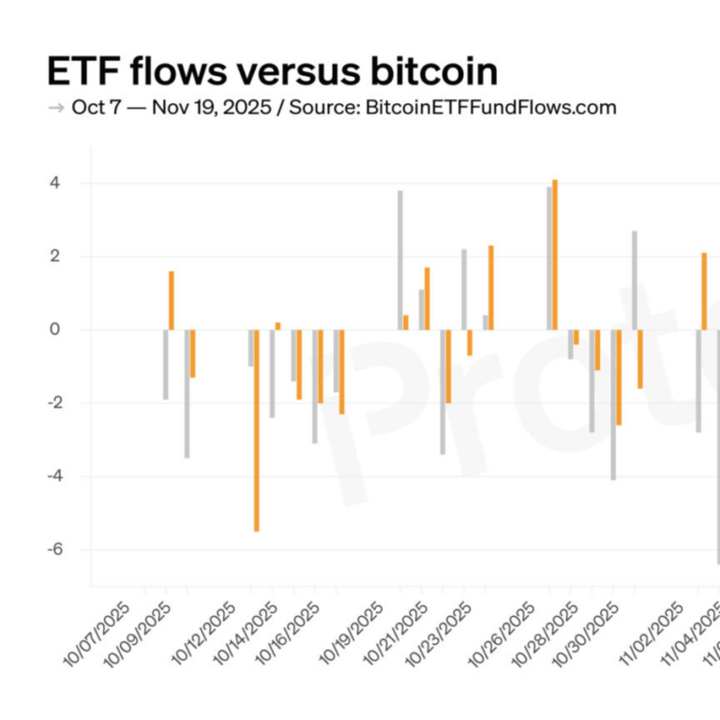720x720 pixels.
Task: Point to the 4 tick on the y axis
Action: [x=55, y=183]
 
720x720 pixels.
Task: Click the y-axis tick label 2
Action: [x=55, y=256]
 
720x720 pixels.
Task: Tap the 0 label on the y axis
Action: [x=55, y=329]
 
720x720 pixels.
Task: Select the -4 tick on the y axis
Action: [x=52, y=476]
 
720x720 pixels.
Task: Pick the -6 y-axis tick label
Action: [x=52, y=549]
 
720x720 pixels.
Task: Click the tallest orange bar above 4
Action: [x=555, y=254]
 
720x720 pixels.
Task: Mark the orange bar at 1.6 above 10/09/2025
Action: [x=172, y=300]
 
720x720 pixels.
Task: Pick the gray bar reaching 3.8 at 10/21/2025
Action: [x=399, y=260]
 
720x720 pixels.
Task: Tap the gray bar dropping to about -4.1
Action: [x=613, y=404]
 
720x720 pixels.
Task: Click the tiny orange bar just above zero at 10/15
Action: [x=277, y=325]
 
